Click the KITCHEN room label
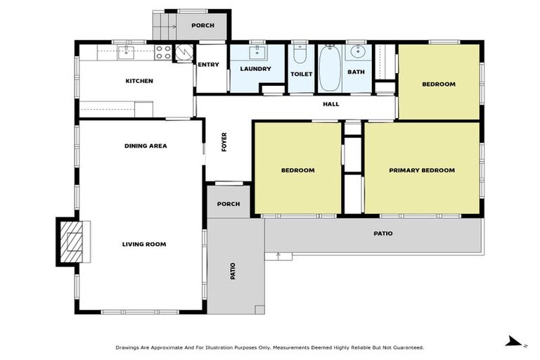pyautogui.click(x=139, y=81)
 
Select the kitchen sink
pyautogui.click(x=126, y=51)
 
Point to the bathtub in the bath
pyautogui.click(x=328, y=68)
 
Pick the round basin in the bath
pyautogui.click(x=357, y=51)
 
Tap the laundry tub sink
pyautogui.click(x=256, y=51)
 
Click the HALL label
pyautogui.click(x=330, y=104)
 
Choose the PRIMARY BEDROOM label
pyautogui.click(x=422, y=170)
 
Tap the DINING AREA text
pyautogui.click(x=145, y=146)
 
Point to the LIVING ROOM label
pyautogui.click(x=143, y=244)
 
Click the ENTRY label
pyautogui.click(x=208, y=65)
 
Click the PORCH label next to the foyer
pyautogui.click(x=228, y=204)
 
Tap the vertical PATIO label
pyautogui.click(x=233, y=271)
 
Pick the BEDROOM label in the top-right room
pyautogui.click(x=438, y=84)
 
